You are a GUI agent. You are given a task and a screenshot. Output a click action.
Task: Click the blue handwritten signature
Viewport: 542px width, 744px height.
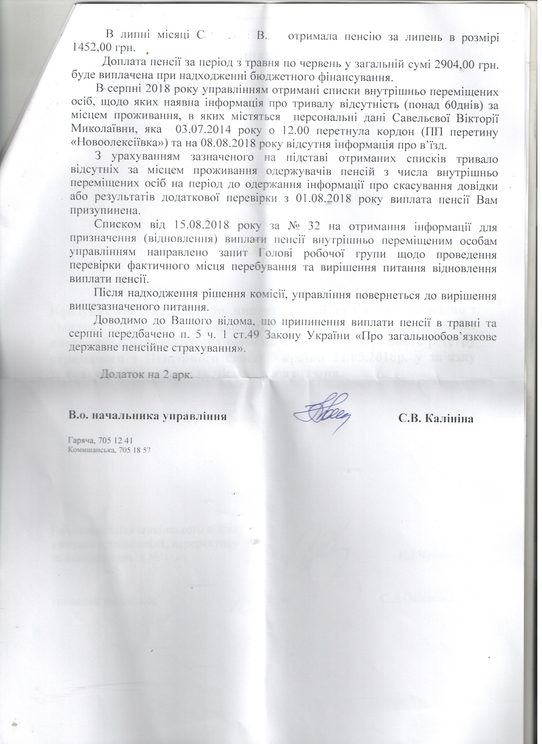[322, 414]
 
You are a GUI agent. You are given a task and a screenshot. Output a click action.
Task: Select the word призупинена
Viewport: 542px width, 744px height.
[105, 211]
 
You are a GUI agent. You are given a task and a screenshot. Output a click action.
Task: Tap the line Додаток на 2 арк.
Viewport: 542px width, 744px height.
[146, 375]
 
